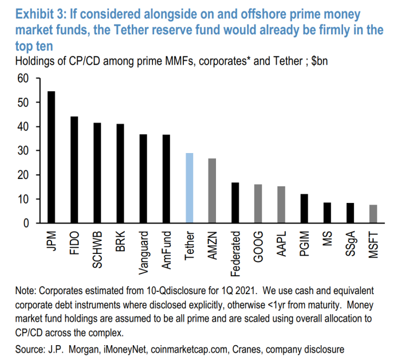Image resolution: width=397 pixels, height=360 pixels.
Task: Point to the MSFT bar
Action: pyautogui.click(x=373, y=214)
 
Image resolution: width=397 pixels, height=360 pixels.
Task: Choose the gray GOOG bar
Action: pyautogui.click(x=258, y=204)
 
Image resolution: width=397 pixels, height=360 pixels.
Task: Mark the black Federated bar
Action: pyautogui.click(x=235, y=202)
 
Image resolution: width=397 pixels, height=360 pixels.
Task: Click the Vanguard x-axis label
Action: pyautogui.click(x=143, y=249)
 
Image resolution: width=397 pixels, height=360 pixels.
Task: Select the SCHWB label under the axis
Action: pyautogui.click(x=97, y=246)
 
